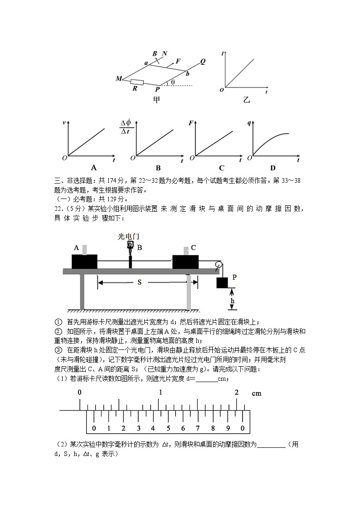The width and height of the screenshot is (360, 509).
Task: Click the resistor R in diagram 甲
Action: point(137,82)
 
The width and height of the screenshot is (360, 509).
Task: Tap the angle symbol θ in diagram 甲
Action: point(172,82)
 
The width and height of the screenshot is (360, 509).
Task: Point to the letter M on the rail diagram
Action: point(119,79)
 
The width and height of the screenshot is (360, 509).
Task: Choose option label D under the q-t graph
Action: point(272,168)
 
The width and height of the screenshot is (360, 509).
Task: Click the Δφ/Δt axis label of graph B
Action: point(125,126)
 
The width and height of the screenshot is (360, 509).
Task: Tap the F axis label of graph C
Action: point(192,122)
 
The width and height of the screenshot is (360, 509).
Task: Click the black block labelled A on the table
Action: point(84,262)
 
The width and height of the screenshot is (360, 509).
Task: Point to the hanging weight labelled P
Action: point(222,283)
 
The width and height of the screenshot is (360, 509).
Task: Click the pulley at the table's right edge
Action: point(219,265)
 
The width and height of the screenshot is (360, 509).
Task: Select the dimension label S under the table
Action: point(140,282)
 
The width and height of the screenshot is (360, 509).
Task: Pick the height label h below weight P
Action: point(233,301)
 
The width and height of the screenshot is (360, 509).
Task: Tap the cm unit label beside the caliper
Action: point(257,393)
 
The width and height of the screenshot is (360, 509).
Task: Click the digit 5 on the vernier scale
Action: point(168,428)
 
